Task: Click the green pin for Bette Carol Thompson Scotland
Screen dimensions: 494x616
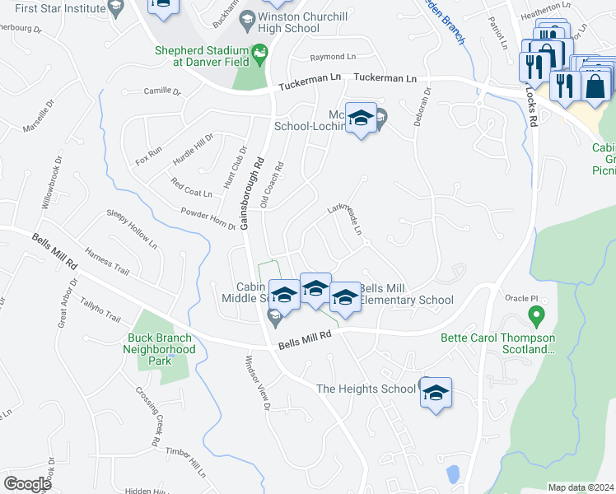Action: pyautogui.click(x=535, y=315)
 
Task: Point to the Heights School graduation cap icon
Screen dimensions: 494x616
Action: pyautogui.click(x=436, y=394)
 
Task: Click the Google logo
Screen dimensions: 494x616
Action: pyautogui.click(x=28, y=483)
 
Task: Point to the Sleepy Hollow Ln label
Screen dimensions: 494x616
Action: pyautogui.click(x=132, y=228)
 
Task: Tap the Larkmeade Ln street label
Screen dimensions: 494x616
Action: pyautogui.click(x=346, y=217)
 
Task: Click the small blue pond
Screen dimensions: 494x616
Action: pyautogui.click(x=452, y=474)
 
